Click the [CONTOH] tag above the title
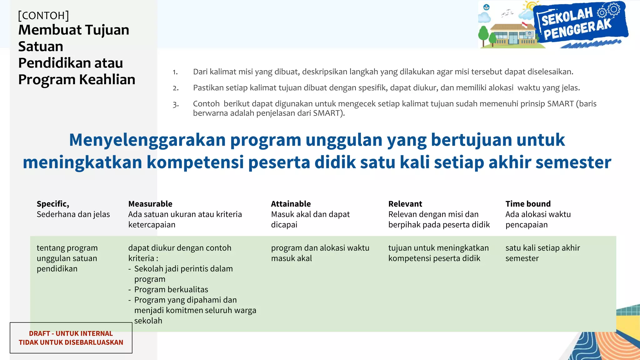(43, 15)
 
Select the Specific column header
(53, 204)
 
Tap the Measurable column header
(150, 204)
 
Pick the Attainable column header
(291, 204)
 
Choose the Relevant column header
(405, 204)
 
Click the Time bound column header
(528, 204)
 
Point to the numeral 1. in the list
(175, 72)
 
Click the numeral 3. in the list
(176, 104)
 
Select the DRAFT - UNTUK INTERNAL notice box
(71, 338)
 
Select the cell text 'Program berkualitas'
(171, 289)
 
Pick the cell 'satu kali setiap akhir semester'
(542, 253)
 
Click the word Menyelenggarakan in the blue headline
(147, 140)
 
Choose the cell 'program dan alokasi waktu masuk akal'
(320, 253)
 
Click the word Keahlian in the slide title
(107, 79)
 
